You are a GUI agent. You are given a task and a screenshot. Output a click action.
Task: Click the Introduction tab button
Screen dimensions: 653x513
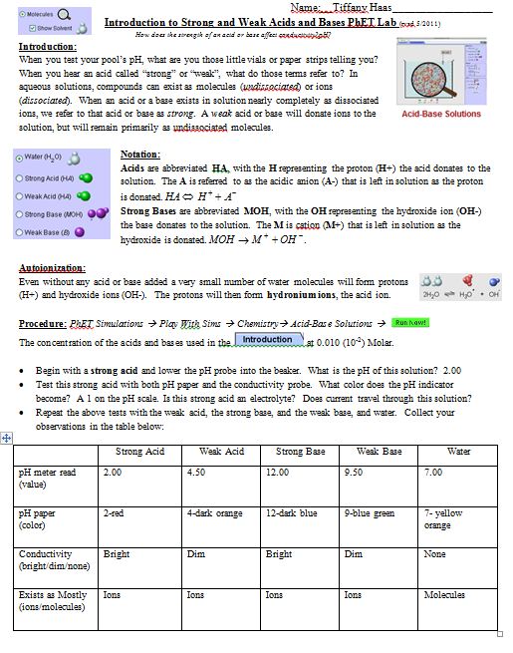point(268,340)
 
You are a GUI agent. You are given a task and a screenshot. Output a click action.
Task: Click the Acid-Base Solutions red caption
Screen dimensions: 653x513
point(440,114)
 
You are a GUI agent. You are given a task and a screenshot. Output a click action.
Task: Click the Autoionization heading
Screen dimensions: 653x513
point(52,268)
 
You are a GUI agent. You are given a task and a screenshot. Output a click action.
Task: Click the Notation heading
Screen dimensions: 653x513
point(140,155)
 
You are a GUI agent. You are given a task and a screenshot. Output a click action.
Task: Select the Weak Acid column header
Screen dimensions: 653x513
point(221,452)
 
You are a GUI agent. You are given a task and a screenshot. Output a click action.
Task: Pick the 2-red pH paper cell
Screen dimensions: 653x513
point(114,513)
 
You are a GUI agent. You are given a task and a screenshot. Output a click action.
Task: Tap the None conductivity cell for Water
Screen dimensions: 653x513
point(434,553)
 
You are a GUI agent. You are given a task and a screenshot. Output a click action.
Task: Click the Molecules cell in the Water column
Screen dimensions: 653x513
point(444,594)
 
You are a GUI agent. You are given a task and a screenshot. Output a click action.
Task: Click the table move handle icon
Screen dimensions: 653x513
point(7,437)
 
